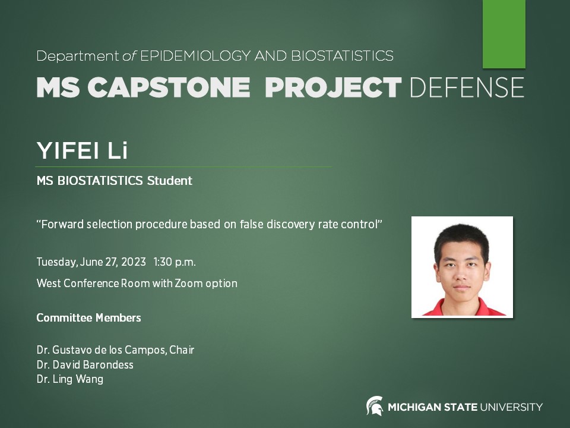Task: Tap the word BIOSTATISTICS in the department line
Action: click(x=342, y=56)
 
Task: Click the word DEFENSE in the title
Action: click(x=467, y=88)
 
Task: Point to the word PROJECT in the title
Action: click(x=333, y=88)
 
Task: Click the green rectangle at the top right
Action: click(x=503, y=33)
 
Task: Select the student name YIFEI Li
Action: click(x=82, y=151)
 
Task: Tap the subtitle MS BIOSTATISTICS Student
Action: click(x=114, y=181)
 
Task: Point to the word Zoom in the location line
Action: click(x=188, y=284)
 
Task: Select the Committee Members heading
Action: click(x=88, y=318)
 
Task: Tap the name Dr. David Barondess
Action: click(x=85, y=364)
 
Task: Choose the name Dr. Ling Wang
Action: click(x=69, y=379)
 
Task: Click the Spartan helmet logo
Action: click(x=375, y=406)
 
